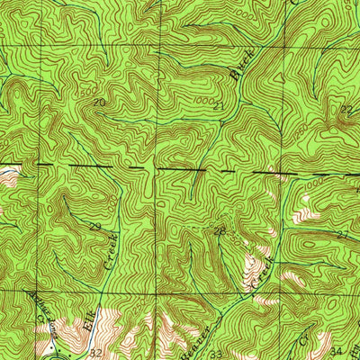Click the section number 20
tap(99, 105)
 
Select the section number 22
tap(346, 109)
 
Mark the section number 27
tap(342, 235)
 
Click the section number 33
tap(217, 354)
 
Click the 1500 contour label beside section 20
tap(87, 93)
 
